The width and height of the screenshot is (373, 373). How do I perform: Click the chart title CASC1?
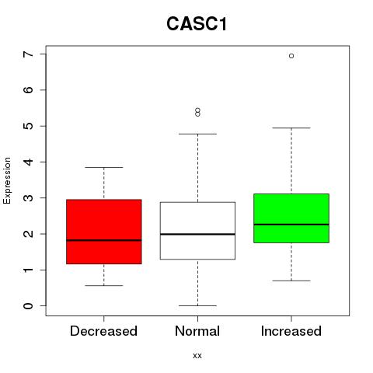197,24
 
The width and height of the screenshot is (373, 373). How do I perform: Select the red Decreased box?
104,232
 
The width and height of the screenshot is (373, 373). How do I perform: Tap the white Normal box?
197,231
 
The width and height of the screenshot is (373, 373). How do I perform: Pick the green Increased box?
291,218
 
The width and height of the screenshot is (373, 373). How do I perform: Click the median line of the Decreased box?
104,240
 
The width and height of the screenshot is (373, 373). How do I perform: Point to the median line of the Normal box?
197,234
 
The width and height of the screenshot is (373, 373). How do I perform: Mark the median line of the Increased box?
291,225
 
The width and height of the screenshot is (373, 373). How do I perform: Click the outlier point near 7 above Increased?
291,56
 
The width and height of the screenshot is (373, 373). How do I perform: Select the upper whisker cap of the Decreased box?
104,167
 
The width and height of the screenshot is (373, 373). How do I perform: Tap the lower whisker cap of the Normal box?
197,305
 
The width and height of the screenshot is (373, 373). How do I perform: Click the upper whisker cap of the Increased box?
291,127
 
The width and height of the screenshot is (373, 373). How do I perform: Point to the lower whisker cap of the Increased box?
291,281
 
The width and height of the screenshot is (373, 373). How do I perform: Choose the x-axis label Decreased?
103,331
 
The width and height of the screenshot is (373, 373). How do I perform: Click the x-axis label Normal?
197,331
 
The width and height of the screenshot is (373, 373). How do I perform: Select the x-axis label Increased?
291,331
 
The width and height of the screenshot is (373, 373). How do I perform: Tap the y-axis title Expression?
7,180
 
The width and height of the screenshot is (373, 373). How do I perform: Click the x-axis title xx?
197,356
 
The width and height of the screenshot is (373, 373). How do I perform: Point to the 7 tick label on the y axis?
28,54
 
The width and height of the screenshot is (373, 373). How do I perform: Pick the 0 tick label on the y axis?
28,305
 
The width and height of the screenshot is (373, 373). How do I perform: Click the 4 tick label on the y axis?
28,162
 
